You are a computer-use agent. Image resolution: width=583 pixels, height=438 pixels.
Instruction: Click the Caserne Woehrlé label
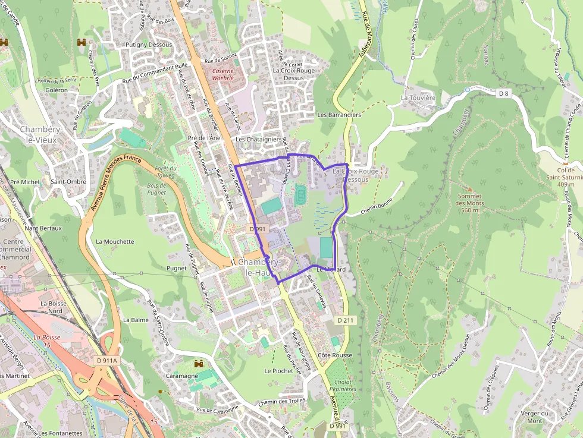click(x=223, y=74)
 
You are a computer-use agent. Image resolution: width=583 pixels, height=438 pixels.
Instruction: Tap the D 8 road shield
click(x=504, y=93)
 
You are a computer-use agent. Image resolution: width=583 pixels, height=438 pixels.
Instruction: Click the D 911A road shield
click(x=107, y=360)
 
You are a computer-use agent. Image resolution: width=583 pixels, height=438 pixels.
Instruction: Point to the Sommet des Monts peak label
click(x=470, y=203)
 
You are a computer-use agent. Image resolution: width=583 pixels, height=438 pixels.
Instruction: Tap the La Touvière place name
click(x=418, y=97)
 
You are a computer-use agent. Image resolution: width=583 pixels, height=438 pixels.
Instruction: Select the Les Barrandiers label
click(x=339, y=115)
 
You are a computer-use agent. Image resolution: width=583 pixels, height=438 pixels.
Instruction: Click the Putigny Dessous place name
click(x=148, y=45)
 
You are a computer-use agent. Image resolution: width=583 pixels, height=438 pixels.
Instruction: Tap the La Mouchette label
click(x=115, y=242)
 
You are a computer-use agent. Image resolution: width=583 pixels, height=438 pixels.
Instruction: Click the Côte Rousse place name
click(x=334, y=355)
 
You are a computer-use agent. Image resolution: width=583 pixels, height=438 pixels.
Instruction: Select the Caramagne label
click(x=181, y=376)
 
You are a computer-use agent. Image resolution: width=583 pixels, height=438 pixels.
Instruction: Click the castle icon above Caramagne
click(x=199, y=363)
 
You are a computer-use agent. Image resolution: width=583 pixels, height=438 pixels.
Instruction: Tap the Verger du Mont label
click(x=534, y=417)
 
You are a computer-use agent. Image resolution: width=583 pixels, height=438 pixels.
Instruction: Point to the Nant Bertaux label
click(x=43, y=228)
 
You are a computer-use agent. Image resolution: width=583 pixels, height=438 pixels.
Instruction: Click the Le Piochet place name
click(x=279, y=371)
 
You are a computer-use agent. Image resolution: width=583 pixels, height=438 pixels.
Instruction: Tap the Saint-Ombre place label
click(x=68, y=182)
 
